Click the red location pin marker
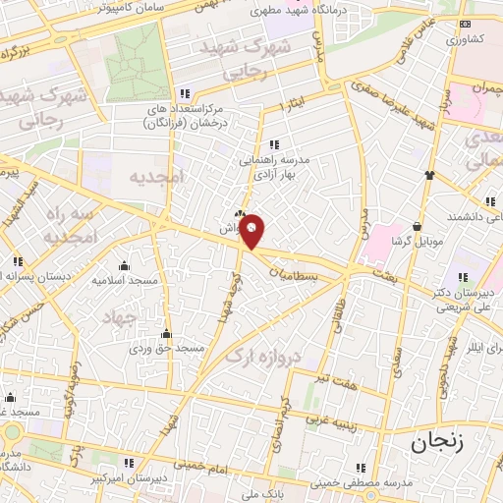point(252,230)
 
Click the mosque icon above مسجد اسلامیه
point(124,265)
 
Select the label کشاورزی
point(466,40)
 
